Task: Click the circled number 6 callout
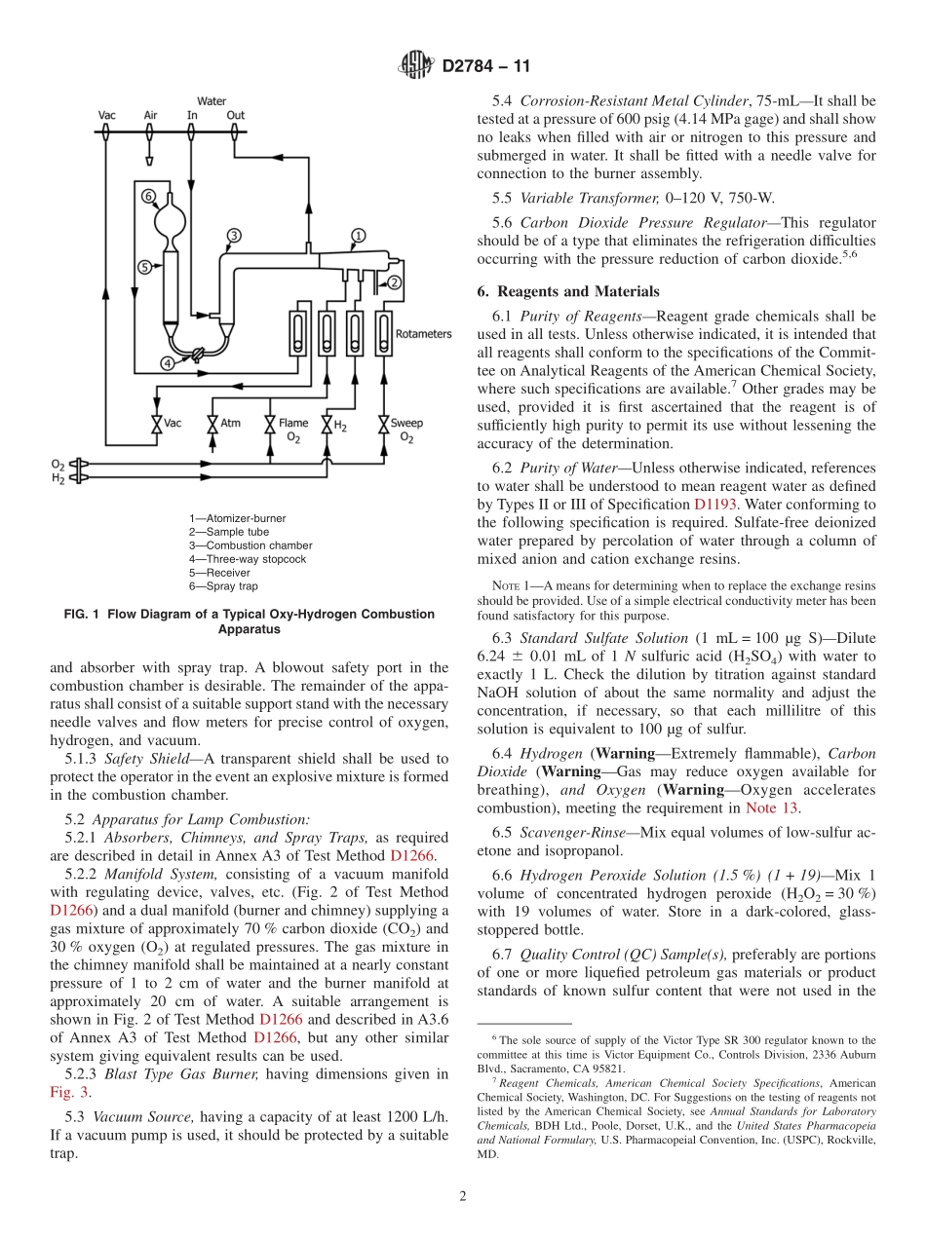(x=148, y=196)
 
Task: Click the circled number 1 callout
(x=358, y=236)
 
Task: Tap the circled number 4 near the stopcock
(x=168, y=363)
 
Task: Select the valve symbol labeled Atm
(x=212, y=425)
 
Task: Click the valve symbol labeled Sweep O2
(x=381, y=425)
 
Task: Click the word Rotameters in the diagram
(x=423, y=334)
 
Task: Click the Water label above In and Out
(x=212, y=101)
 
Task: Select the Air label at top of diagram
(x=150, y=115)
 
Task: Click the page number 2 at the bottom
(x=463, y=1196)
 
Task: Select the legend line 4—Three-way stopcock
(x=248, y=560)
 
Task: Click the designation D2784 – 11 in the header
(x=486, y=67)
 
